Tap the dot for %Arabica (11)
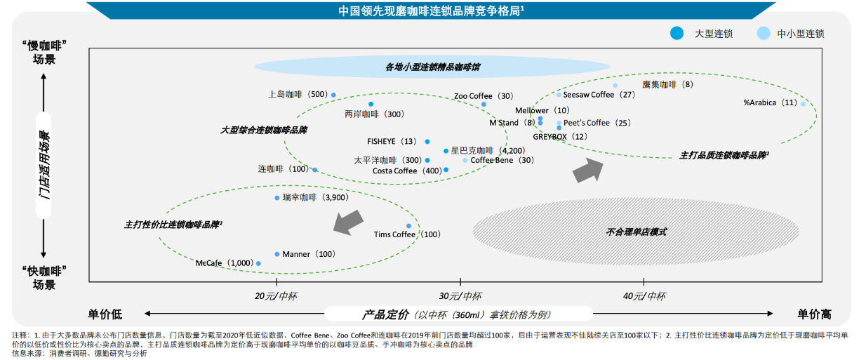coord(804,104)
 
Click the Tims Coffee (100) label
coord(407,234)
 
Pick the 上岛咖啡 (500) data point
coord(333,95)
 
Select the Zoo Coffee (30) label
coord(484,96)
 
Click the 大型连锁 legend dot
coord(677,33)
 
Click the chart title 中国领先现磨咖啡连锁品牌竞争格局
coord(432,11)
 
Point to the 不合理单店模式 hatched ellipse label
coord(637,232)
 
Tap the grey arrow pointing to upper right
coord(588,171)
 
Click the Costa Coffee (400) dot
coord(446,170)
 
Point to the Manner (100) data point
coord(277,254)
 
